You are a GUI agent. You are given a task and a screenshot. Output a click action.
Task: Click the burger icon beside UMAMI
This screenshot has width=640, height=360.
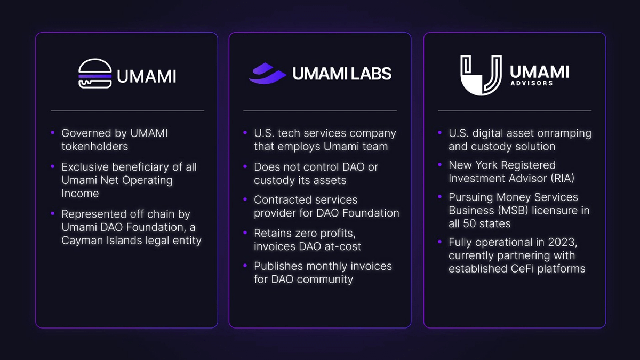(95, 74)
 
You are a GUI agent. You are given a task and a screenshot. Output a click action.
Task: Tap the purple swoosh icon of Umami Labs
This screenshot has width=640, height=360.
(267, 74)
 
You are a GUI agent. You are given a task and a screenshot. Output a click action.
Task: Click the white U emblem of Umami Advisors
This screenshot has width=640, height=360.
(481, 75)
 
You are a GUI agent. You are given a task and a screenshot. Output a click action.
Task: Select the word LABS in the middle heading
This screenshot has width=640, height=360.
(371, 74)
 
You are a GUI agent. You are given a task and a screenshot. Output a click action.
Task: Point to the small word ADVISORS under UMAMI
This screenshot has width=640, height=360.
(532, 83)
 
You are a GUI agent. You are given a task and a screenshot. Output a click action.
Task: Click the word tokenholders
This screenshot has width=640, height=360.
(95, 146)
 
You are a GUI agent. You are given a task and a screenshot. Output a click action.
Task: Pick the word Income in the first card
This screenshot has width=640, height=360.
(81, 194)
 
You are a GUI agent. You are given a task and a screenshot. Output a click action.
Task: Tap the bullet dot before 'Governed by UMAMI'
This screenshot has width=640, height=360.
(53, 133)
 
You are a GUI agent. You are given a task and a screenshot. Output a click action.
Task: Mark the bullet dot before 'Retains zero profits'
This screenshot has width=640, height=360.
(245, 233)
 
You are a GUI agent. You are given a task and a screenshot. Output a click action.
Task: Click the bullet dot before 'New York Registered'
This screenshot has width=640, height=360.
(439, 165)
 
